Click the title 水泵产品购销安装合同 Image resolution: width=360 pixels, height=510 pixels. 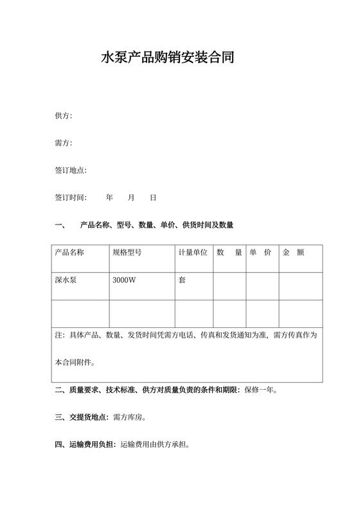(167, 58)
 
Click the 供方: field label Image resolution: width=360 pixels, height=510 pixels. (63, 116)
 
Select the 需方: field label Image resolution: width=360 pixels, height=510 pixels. (63, 143)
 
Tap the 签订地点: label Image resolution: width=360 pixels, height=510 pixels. (71, 170)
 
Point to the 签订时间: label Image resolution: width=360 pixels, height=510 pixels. (71, 197)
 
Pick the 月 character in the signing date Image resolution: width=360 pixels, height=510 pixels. (131, 197)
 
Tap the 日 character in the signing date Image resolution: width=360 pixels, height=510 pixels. (153, 197)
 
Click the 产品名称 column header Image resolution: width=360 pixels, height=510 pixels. (69, 252)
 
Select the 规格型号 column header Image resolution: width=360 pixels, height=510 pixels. (127, 252)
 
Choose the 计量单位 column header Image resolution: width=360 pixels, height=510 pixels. (193, 252)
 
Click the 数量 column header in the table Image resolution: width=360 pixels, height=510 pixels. (230, 252)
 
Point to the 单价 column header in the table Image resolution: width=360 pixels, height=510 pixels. (260, 252)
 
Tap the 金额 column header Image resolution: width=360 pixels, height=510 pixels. (293, 252)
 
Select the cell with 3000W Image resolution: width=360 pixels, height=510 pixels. (124, 280)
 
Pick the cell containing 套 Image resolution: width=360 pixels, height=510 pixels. (182, 280)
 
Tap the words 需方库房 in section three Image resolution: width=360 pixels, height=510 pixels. (127, 417)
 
